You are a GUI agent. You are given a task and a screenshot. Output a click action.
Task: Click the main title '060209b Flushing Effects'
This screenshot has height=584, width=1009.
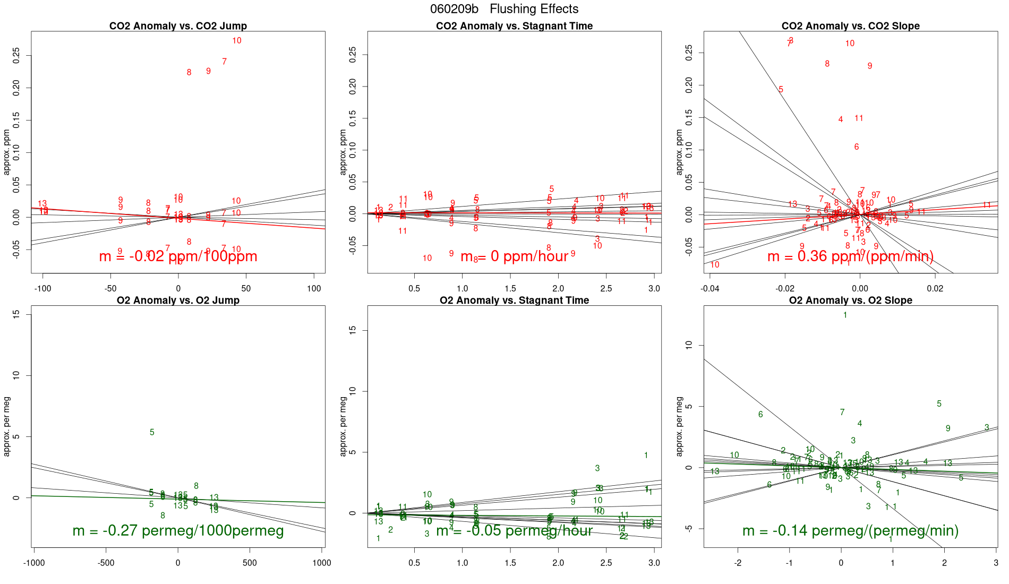504,9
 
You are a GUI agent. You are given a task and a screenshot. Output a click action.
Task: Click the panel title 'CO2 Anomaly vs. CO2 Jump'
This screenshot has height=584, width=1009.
178,26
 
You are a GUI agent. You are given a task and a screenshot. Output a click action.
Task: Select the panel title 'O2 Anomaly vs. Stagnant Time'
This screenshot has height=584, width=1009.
514,300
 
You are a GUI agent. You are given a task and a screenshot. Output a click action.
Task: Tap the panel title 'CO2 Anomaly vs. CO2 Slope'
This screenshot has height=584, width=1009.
850,26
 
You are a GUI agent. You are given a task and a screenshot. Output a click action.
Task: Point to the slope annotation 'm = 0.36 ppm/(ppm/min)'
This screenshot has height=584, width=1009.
850,256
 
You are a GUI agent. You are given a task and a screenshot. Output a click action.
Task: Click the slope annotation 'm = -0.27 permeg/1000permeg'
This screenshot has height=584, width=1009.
178,531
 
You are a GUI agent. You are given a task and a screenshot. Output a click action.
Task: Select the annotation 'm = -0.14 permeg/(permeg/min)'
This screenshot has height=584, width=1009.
850,531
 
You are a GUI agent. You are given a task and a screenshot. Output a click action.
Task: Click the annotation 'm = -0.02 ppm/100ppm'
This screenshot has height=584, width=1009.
178,256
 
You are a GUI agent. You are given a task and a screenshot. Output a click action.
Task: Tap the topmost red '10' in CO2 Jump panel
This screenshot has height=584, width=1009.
237,41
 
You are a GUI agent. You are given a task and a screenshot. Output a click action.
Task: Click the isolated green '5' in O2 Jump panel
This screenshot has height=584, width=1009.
152,433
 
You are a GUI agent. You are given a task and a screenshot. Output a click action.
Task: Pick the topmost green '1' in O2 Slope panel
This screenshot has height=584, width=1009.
845,315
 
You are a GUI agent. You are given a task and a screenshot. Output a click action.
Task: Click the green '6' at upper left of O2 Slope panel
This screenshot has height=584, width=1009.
760,415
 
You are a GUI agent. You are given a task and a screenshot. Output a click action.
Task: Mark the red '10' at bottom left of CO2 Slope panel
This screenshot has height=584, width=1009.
715,265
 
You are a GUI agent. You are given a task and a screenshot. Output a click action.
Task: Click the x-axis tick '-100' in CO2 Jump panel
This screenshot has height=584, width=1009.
42,289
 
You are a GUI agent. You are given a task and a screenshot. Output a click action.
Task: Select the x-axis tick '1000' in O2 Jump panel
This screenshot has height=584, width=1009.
322,563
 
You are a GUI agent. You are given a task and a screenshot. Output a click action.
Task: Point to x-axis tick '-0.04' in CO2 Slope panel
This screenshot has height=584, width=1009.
710,289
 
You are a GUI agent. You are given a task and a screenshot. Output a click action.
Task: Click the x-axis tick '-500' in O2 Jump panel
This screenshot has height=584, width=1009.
106,563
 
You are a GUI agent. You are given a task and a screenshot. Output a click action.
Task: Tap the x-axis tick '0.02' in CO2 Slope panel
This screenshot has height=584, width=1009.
935,289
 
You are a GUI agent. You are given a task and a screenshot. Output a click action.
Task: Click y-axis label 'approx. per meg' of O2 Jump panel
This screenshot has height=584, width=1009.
7,426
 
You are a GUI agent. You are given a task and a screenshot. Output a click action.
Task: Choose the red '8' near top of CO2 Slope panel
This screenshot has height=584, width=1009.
827,64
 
